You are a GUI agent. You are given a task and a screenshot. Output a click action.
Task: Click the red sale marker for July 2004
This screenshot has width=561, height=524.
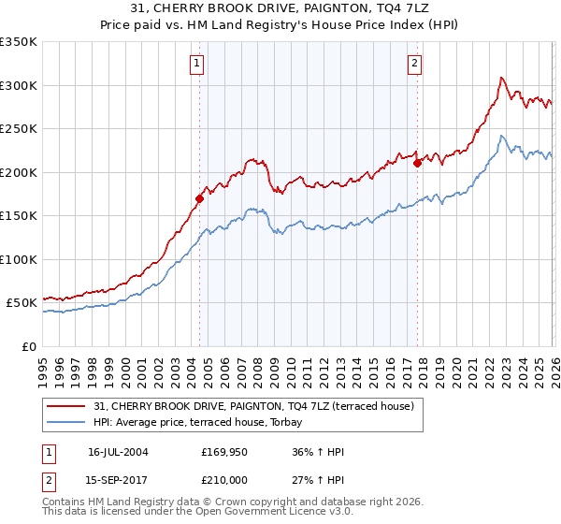pyautogui.click(x=199, y=198)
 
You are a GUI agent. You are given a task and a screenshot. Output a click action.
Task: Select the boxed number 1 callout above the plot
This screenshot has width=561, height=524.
pyautogui.click(x=198, y=64)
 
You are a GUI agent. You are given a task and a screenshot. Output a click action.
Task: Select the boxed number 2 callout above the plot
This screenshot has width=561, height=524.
pyautogui.click(x=414, y=64)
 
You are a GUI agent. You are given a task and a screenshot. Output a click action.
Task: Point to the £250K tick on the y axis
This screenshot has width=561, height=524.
pyautogui.click(x=19, y=129)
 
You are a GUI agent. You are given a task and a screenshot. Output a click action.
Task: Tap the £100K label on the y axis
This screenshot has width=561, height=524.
pyautogui.click(x=19, y=259)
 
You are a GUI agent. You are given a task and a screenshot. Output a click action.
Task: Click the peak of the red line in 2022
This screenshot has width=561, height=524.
pyautogui.click(x=502, y=78)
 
